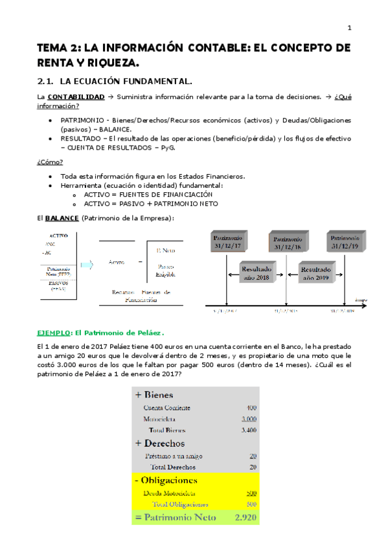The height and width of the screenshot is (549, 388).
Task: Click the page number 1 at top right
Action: point(349,28)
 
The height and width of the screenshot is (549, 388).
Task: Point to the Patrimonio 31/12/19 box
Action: point(345,242)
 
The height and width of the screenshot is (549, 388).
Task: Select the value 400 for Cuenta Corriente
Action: point(251,408)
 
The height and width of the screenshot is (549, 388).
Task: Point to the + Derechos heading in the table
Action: point(159,443)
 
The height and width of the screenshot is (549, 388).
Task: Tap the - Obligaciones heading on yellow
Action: point(165,480)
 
